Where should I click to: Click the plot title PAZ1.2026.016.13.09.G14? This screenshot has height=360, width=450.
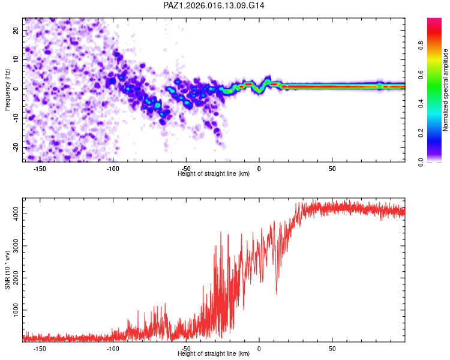coord(214,5)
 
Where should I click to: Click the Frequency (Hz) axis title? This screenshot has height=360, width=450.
coord(7,89)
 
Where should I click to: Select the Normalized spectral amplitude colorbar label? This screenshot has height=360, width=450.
coord(446,90)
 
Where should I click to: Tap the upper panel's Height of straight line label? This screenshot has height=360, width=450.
coord(214,173)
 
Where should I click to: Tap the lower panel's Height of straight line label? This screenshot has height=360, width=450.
coord(214,353)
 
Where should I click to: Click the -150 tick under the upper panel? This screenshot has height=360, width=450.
coord(40,169)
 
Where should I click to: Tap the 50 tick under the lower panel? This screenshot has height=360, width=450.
coord(332,349)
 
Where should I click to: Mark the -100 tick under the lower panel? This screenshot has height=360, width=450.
coord(113,349)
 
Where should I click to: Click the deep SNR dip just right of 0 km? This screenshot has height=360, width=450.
coord(276,293)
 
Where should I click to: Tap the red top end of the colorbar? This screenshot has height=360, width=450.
coord(434,21)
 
